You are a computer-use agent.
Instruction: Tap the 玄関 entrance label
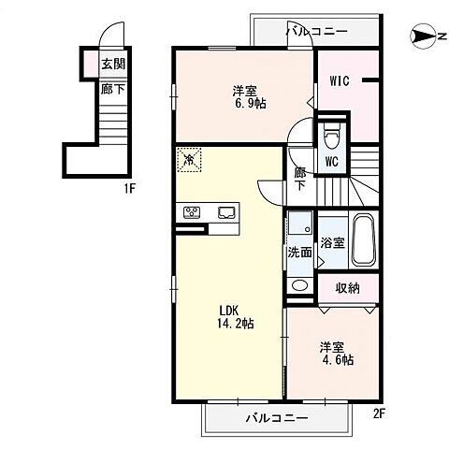pos(113,65)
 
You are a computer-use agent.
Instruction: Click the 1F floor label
pos(129,189)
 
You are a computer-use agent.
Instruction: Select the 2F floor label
pos(380,413)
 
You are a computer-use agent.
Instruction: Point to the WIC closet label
pos(340,81)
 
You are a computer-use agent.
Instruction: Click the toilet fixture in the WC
pos(331,139)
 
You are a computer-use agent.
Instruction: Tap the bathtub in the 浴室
pos(363,239)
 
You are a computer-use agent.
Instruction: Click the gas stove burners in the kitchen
pos(192,212)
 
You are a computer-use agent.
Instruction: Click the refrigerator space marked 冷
pos(189,160)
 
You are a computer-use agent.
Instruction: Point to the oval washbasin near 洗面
pos(300,285)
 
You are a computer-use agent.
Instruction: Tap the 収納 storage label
pos(347,288)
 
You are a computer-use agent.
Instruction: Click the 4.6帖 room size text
pos(338,360)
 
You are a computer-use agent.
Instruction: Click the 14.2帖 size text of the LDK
pos(236,324)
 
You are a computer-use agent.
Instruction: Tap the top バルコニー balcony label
pos(317,31)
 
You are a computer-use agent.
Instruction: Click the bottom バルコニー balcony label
pos(277,418)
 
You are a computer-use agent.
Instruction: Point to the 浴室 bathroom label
pos(333,242)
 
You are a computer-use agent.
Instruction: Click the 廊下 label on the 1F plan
pos(112,90)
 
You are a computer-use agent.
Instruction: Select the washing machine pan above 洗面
pos(300,223)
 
